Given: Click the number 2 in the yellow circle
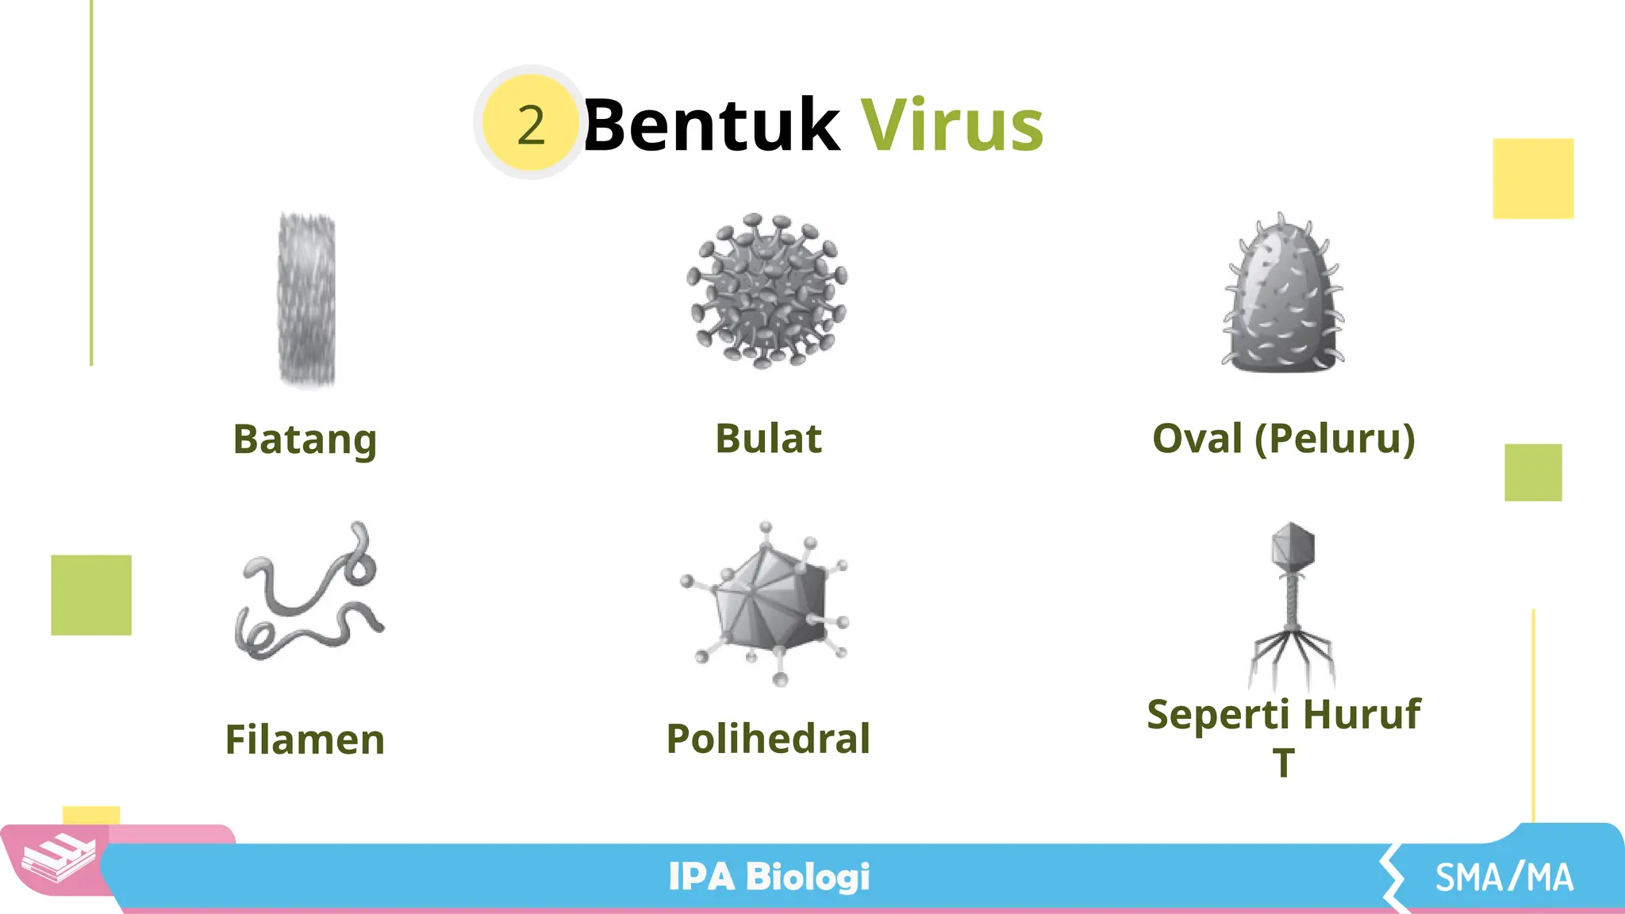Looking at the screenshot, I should [531, 125].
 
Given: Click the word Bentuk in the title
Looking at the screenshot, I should [711, 125].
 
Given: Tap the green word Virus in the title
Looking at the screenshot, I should [952, 125].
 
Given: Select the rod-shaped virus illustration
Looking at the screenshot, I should [307, 299].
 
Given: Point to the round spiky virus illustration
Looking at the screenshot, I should [767, 290].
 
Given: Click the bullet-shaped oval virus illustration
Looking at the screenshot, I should [1283, 295].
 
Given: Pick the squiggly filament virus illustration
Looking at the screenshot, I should [309, 593].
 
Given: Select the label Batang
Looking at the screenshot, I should [305, 440].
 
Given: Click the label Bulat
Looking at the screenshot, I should [768, 439].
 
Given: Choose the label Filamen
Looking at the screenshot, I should [305, 739].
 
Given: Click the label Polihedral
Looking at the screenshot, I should [768, 739].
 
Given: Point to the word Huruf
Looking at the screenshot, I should [1361, 714].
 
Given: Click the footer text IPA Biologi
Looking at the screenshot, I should [769, 878].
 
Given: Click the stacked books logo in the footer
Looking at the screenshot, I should [58, 858].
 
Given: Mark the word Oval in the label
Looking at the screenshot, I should [1197, 439].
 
